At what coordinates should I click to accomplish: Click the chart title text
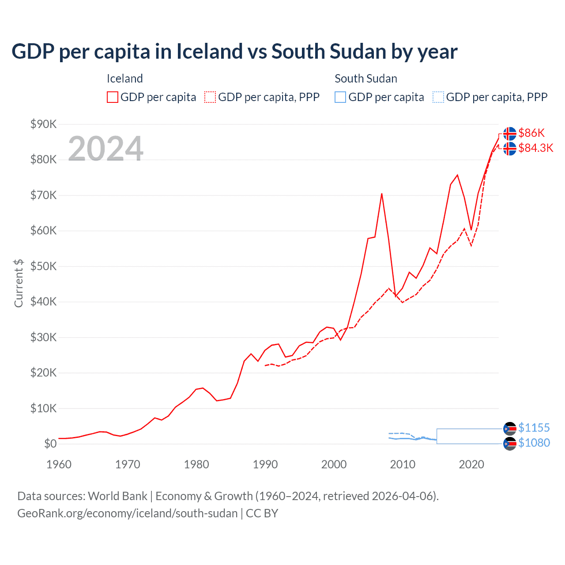tap(234, 52)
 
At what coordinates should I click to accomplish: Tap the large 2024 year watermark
tap(105, 148)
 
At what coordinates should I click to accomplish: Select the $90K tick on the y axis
tap(43, 124)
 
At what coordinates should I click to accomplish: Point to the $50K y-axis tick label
tap(43, 266)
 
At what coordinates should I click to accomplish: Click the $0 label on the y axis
tap(50, 444)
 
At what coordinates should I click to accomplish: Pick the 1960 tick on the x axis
tap(59, 464)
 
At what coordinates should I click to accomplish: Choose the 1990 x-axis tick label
tap(265, 464)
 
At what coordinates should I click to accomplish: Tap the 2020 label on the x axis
tap(471, 464)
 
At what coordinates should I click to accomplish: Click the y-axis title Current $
tap(19, 283)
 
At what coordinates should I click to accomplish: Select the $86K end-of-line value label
tap(531, 133)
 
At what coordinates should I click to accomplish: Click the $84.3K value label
tap(535, 148)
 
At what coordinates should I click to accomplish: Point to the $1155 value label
tap(534, 428)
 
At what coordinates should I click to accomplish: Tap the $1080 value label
tap(534, 443)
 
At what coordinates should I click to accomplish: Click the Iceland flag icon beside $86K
tap(510, 133)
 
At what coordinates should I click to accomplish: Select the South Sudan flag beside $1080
tap(510, 444)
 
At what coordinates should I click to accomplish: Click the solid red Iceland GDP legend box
tap(113, 97)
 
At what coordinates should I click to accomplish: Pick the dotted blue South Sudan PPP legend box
tap(438, 97)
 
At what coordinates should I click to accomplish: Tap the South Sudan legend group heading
tap(365, 79)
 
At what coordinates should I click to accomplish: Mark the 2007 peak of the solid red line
tap(382, 194)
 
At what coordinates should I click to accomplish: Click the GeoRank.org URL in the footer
tap(127, 513)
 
